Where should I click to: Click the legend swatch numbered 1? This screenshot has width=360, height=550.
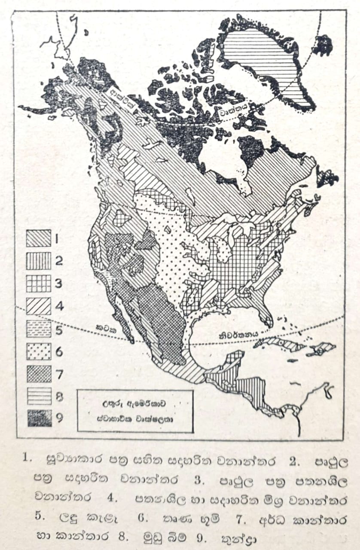pyautogui.click(x=39, y=238)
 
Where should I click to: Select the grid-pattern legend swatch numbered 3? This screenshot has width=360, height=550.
pyautogui.click(x=39, y=283)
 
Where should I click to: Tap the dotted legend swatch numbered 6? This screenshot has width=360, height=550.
pyautogui.click(x=39, y=351)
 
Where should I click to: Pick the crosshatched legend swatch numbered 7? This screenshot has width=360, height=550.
pyautogui.click(x=39, y=373)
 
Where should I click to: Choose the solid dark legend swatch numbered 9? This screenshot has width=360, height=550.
pyautogui.click(x=39, y=418)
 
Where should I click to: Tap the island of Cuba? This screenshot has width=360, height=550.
pyautogui.click(x=279, y=344)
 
